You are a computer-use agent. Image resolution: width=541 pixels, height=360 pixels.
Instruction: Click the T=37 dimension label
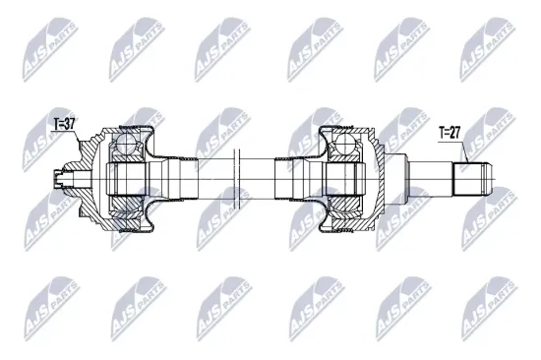point(64,124)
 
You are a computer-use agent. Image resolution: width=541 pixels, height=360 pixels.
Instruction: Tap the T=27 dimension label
point(451,132)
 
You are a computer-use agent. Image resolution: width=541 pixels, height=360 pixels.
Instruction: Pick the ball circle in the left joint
point(125,147)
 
